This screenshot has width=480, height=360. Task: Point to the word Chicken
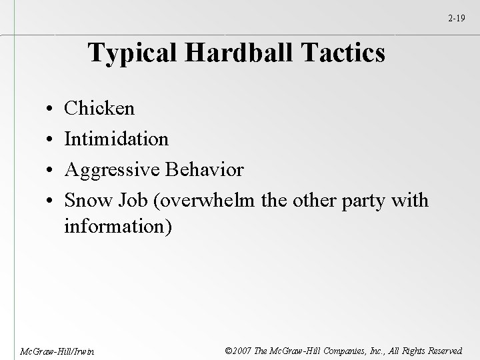[99, 108]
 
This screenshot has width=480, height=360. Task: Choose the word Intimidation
[116, 139]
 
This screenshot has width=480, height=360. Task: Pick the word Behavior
[207, 169]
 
